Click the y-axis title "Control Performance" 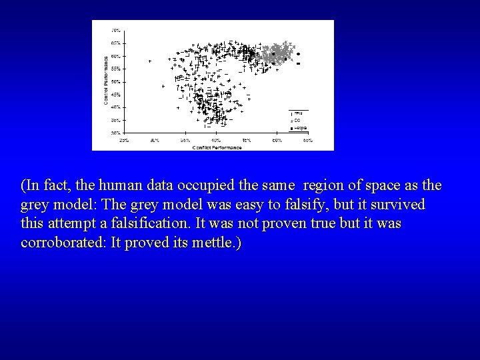coord(106,80)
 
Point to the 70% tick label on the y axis coord(115,31)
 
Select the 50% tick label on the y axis coord(115,81)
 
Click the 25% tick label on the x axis coord(124,141)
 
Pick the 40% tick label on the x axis coord(216,141)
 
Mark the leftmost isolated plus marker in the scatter coord(149,61)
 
